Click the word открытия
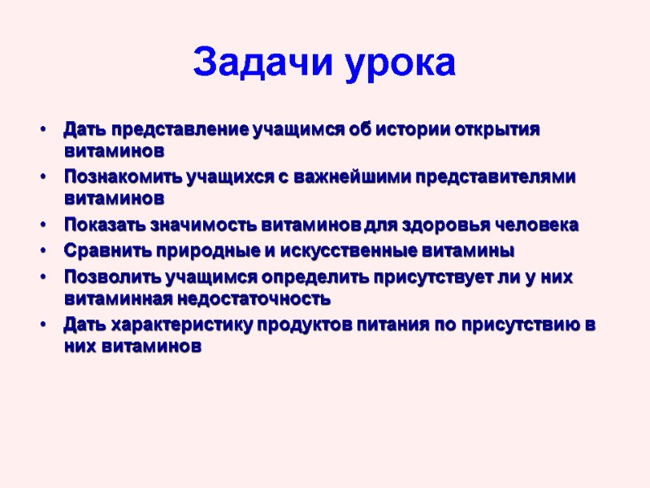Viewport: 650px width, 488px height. [x=496, y=130]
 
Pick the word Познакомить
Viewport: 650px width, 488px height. [x=111, y=177]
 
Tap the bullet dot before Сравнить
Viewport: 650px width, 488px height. [x=41, y=250]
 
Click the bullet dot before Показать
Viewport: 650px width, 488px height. [x=41, y=225]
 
